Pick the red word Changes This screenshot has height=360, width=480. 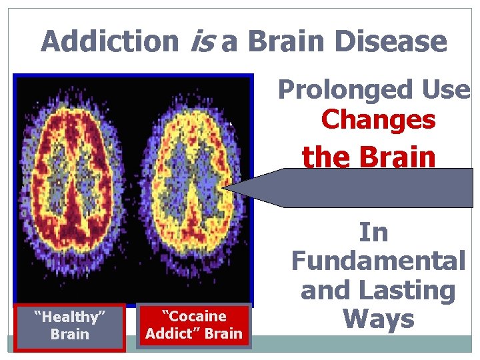378,121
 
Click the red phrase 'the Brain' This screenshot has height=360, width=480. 369,157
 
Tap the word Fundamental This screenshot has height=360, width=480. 378,261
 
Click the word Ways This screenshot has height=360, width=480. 378,319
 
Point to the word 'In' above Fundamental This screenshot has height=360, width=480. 373,233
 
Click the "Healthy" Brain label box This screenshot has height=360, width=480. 70,326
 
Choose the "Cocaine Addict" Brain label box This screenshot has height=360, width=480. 194,325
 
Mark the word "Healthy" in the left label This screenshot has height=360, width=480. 70,317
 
